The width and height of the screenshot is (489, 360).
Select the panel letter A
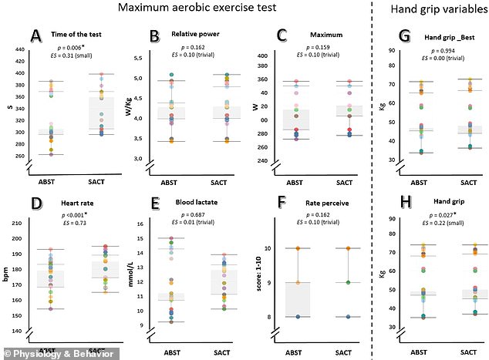pos(35,35)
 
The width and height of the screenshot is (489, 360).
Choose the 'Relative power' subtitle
pos(195,35)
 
